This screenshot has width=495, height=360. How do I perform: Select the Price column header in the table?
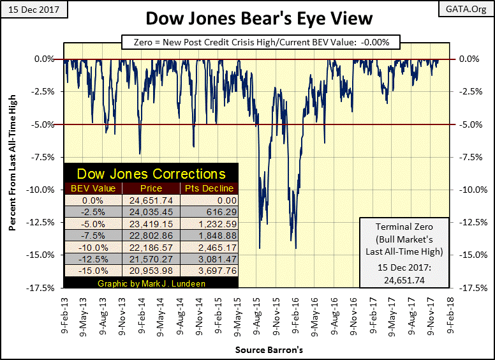[151, 188]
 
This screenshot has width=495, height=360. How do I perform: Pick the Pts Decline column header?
[209, 188]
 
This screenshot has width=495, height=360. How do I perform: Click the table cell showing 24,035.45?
[151, 211]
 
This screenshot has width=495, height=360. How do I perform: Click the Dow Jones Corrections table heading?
[151, 174]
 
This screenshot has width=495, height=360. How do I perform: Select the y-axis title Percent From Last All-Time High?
[13, 172]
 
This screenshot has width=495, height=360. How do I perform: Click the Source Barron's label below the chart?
[260, 350]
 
